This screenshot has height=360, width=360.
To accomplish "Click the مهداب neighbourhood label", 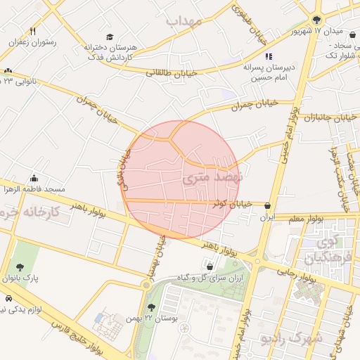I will (184, 21).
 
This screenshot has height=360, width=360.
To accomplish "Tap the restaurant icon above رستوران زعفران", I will (32, 32).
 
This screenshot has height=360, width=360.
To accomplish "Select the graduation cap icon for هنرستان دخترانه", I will (109, 37).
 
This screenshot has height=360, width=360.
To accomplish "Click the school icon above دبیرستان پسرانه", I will (267, 56).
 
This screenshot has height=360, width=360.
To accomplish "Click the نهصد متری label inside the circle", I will (212, 179).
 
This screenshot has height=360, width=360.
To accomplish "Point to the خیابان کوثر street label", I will (233, 204).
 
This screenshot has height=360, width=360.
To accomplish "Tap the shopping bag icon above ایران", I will (267, 206).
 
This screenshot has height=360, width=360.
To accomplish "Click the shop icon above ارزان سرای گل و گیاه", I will (211, 266).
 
